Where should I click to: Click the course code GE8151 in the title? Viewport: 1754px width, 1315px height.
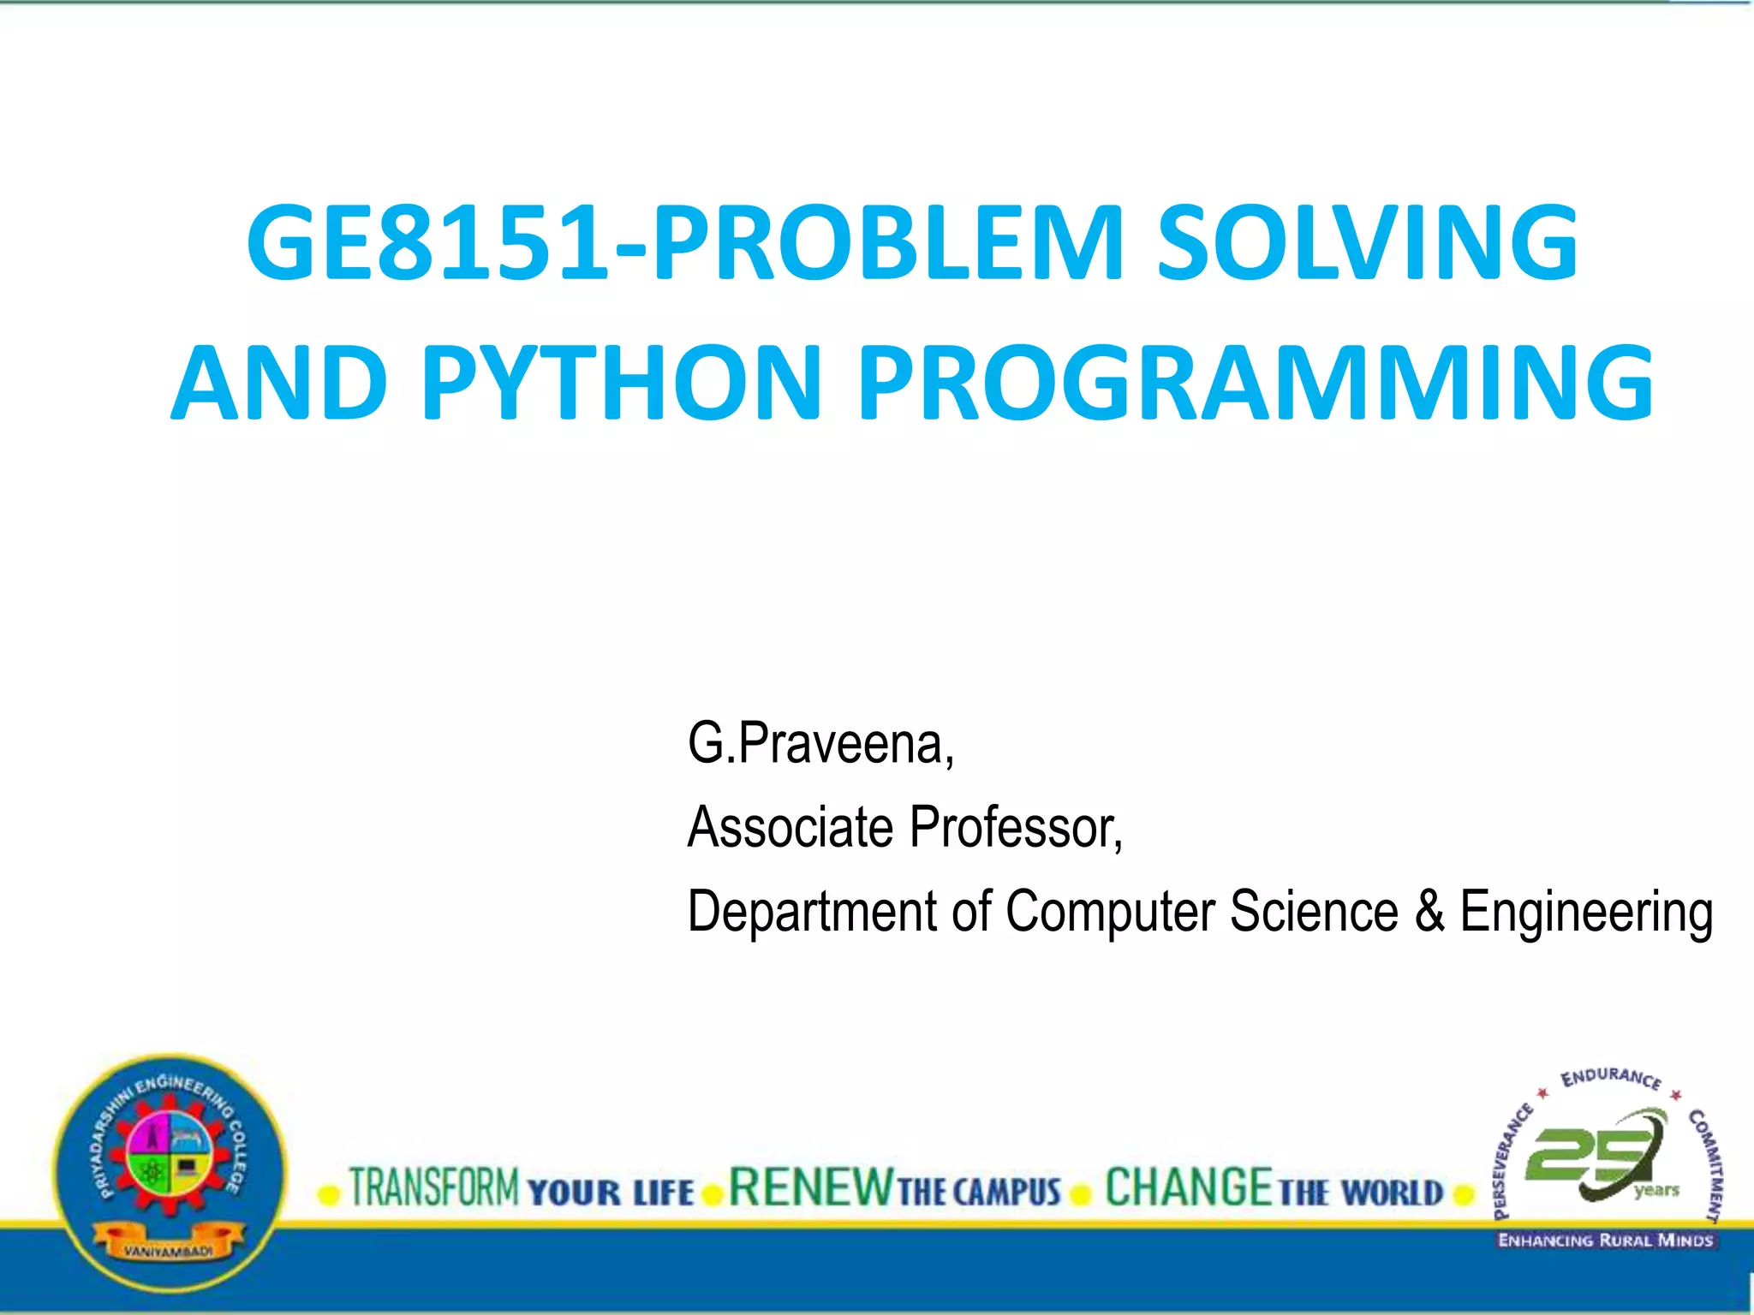(x=428, y=243)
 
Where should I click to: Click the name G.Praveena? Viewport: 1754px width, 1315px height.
(x=820, y=743)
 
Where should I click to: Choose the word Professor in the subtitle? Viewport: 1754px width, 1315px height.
(x=1016, y=827)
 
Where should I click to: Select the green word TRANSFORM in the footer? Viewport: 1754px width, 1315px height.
(x=434, y=1187)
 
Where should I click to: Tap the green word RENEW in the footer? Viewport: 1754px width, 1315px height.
(x=810, y=1187)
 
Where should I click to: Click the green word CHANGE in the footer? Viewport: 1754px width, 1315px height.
(x=1189, y=1187)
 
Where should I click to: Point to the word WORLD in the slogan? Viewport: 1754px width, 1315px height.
(x=1392, y=1193)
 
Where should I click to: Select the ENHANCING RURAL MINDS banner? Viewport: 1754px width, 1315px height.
(x=1605, y=1241)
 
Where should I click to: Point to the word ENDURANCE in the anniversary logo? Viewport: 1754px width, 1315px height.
(x=1610, y=1078)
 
